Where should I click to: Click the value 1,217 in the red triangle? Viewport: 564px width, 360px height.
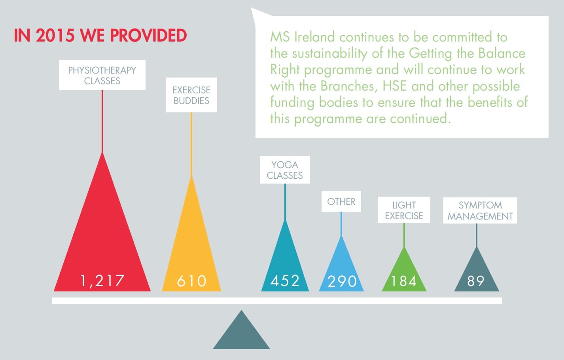(x=102, y=280)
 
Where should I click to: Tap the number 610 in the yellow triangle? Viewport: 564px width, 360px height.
(x=191, y=281)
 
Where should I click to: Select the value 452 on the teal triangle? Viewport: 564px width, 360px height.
(x=285, y=280)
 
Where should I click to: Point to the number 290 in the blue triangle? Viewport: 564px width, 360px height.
(x=342, y=281)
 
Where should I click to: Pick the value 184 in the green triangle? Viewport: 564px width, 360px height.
(x=404, y=281)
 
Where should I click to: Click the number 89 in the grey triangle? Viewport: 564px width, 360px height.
(x=476, y=281)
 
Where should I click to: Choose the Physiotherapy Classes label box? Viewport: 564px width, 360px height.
(x=102, y=75)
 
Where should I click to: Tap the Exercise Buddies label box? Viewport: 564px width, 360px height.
(x=191, y=95)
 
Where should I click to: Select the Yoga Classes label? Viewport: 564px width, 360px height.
(x=285, y=170)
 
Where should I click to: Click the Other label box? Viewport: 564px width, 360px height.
(x=341, y=201)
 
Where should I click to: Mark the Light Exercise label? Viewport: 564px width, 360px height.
(x=404, y=210)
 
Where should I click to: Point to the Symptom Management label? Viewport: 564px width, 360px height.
(x=480, y=210)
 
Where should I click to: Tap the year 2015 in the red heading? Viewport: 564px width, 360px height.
(x=55, y=36)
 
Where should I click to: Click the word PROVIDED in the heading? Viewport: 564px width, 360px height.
(x=148, y=36)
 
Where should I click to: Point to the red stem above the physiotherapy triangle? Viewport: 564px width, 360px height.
(x=102, y=121)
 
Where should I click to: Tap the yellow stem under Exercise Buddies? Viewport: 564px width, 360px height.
(x=191, y=144)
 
